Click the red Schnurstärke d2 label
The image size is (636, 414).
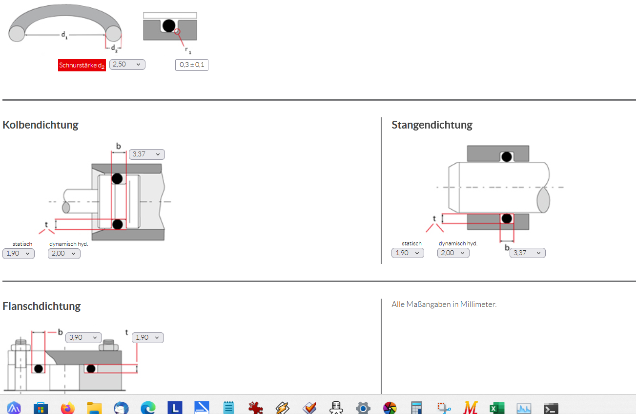[x=82, y=65]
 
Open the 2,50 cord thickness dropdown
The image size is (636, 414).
[x=127, y=64]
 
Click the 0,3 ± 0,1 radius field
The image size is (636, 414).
[x=192, y=65]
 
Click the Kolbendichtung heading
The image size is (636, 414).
[x=41, y=125]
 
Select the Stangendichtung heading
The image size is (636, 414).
[x=432, y=125]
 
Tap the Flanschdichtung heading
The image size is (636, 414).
[x=41, y=306]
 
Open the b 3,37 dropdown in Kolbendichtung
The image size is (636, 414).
[x=147, y=154]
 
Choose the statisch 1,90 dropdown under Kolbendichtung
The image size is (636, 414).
[x=19, y=254]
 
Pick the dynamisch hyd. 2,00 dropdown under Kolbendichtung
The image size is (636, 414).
[x=64, y=254]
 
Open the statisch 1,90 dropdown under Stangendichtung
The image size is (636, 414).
[x=408, y=253]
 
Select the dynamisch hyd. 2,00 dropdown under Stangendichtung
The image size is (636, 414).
[x=453, y=253]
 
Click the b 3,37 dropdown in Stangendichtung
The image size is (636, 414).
[x=528, y=253]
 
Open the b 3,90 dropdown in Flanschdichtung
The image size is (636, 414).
[x=83, y=338]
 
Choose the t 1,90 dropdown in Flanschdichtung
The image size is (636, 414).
[x=147, y=338]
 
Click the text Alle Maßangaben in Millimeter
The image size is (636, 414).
[x=444, y=304]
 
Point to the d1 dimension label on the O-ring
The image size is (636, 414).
[x=64, y=35]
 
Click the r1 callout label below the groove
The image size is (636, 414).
[x=188, y=50]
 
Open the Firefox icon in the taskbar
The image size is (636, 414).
[x=67, y=408]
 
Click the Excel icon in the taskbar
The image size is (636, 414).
[x=497, y=408]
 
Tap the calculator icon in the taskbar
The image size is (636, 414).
[x=416, y=408]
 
